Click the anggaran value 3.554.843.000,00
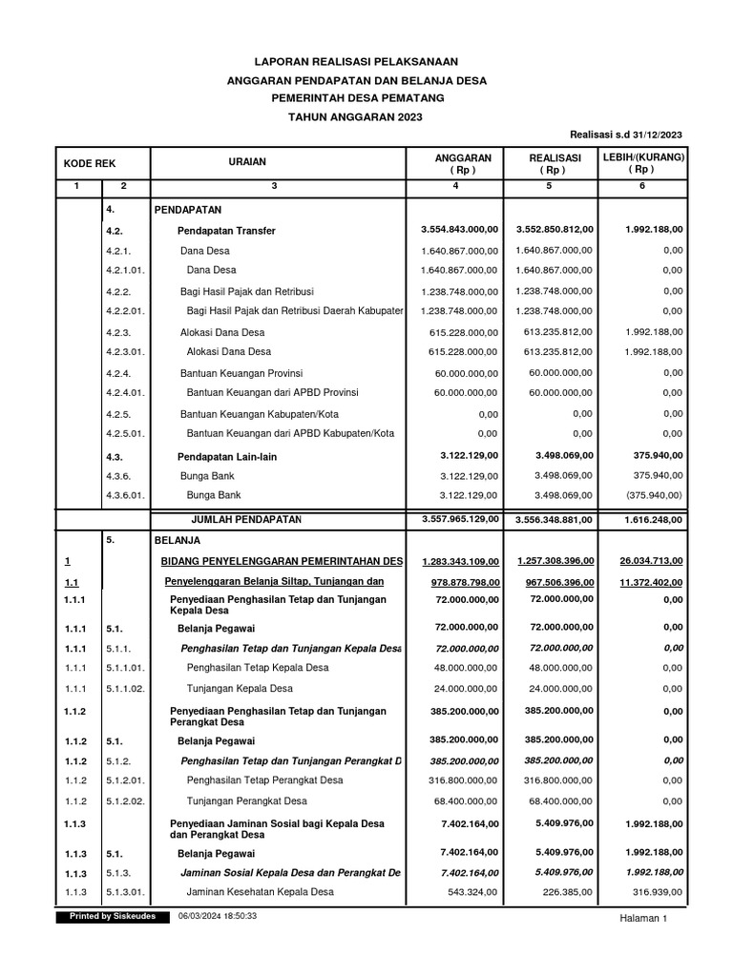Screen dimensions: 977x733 click(x=459, y=231)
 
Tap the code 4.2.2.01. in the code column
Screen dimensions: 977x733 click(x=126, y=311)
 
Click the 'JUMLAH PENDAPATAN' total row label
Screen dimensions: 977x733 click(x=246, y=519)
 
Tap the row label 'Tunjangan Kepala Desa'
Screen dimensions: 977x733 click(x=240, y=689)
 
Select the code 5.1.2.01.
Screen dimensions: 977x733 click(x=126, y=780)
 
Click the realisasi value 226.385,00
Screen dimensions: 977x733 click(x=560, y=892)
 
